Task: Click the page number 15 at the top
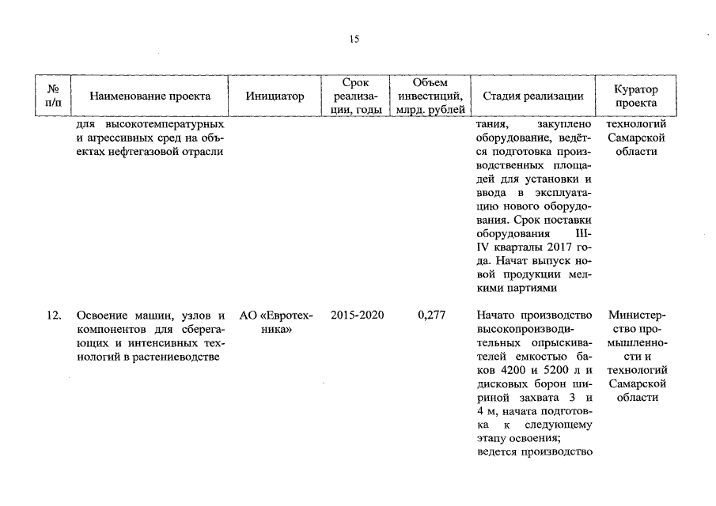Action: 354,40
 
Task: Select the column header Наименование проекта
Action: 150,96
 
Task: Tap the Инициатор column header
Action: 275,96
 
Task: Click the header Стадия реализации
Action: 532,96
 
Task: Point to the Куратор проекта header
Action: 635,96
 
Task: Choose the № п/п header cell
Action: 54,96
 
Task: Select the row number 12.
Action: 54,315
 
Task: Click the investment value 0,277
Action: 431,315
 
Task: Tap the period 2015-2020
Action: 358,315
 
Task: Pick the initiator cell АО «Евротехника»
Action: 276,322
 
